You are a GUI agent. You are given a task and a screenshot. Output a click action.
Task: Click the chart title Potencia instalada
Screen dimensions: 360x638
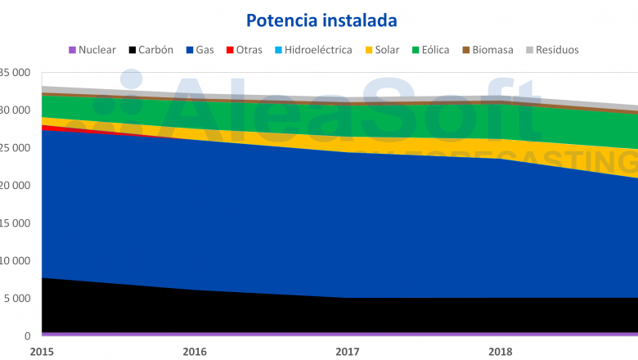click(x=318, y=20)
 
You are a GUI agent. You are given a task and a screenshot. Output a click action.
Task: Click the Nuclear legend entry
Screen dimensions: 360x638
click(x=92, y=50)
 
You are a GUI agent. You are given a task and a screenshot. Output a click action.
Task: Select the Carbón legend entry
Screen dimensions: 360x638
click(x=151, y=50)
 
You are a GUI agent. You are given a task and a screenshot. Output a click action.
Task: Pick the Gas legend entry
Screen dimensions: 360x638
click(x=199, y=50)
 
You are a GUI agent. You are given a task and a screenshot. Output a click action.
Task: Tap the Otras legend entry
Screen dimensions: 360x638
click(x=243, y=50)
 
